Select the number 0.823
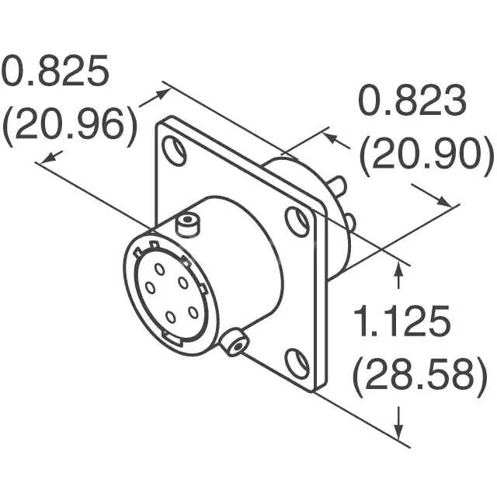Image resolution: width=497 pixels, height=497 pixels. pyautogui.click(x=412, y=102)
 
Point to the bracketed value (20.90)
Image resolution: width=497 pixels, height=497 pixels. pyautogui.click(x=426, y=156)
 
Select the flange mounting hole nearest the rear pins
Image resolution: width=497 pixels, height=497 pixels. pyautogui.click(x=297, y=222)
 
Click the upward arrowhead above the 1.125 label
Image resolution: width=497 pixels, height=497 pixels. pyautogui.click(x=400, y=268)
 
